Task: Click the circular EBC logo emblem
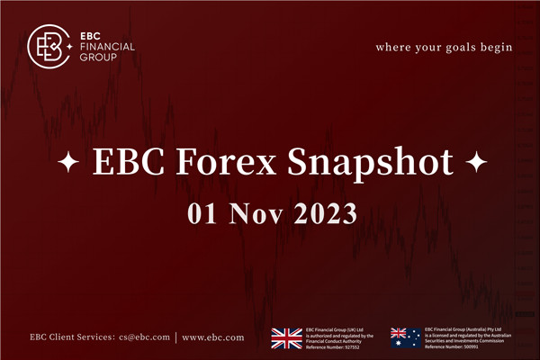coord(50,44)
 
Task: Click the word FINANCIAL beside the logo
coord(107,44)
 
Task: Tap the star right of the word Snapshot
coord(477,165)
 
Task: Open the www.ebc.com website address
coord(212,337)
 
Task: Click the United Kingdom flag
coord(288,337)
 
